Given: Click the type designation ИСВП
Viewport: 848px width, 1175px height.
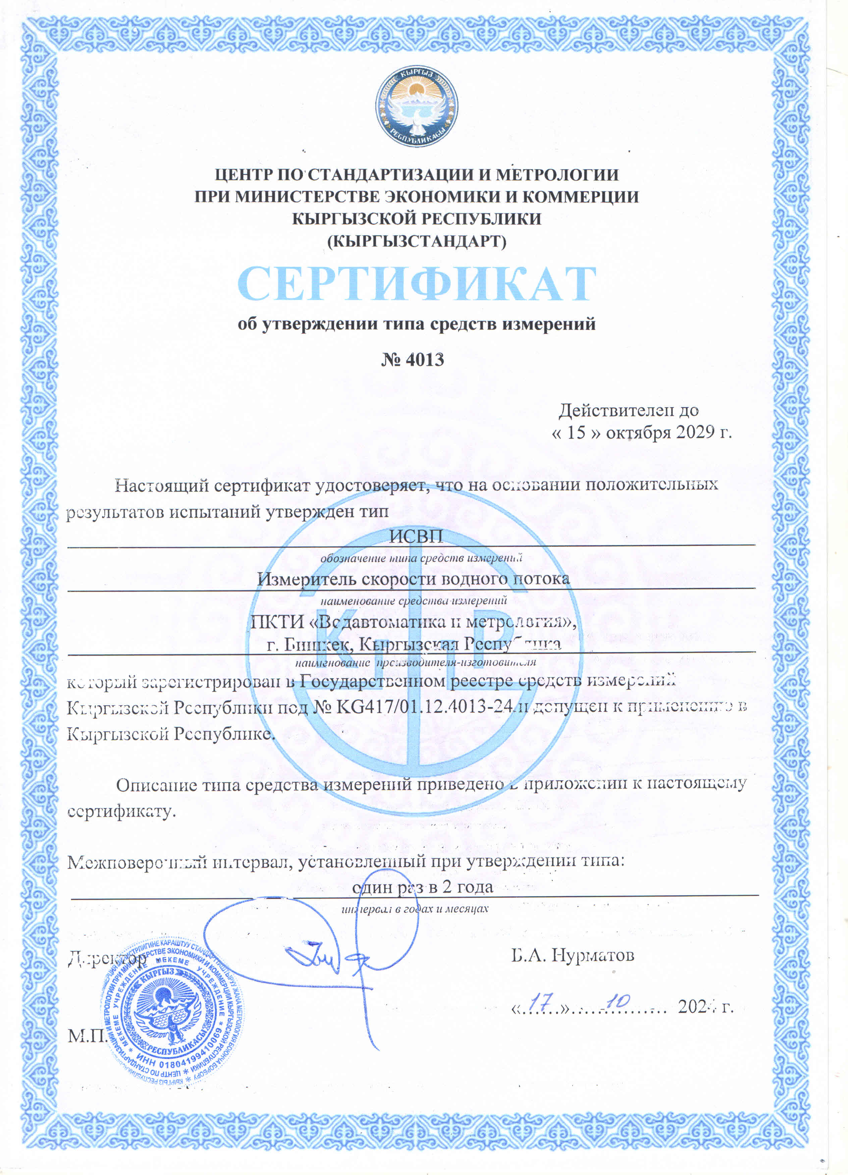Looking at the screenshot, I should click(416, 536).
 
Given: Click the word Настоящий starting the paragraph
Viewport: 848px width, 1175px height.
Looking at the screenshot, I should click(162, 485).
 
